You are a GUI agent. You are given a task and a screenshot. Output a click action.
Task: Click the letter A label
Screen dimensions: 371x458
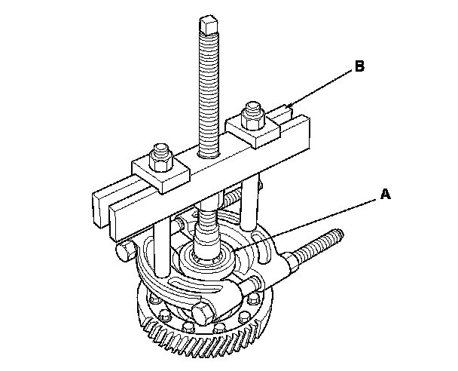(384, 194)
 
